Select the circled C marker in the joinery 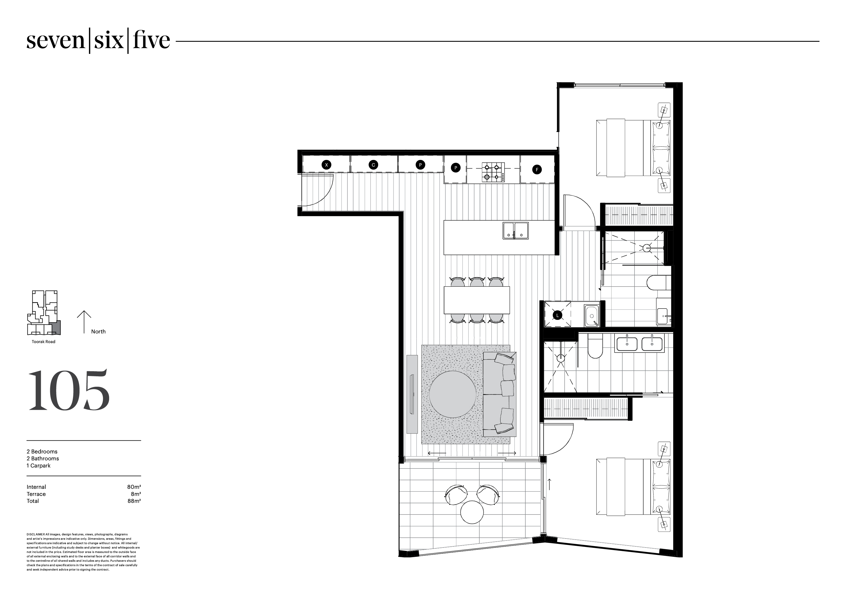coord(373,165)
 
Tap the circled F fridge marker coord(537,170)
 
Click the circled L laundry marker coord(558,315)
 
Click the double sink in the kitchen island coord(515,231)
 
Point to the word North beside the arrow coord(98,332)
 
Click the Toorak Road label coord(43,342)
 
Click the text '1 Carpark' coord(38,465)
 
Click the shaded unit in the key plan coord(56,327)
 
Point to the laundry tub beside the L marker coord(592,315)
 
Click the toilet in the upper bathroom coord(657,283)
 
